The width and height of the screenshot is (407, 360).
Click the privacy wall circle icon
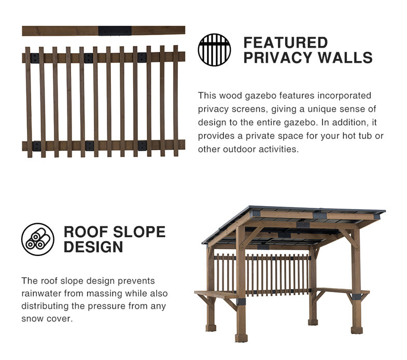[214, 50]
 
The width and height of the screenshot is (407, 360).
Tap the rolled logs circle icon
[38, 239]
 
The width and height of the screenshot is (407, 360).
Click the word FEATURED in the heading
[286, 42]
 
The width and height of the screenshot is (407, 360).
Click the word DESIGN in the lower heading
[93, 247]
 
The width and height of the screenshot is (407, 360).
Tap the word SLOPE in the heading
[139, 232]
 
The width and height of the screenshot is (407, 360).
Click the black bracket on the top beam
[115, 31]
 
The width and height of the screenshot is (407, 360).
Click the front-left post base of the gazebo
[242, 338]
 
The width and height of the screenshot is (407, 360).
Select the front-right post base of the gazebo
[357, 330]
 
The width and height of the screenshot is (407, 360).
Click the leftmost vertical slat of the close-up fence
[29, 102]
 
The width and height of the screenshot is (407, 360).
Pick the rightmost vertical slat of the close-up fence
[176, 101]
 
